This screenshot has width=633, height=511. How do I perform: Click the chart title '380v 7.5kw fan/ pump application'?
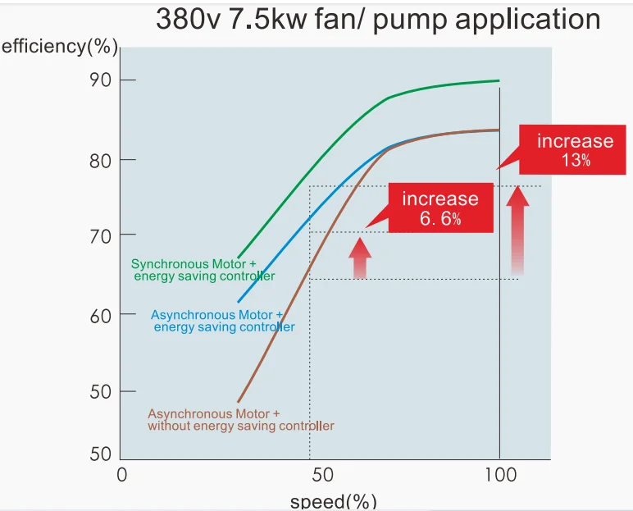(x=378, y=20)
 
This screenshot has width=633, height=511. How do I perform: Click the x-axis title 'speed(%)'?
(x=334, y=501)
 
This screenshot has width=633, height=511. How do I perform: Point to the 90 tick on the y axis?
(x=101, y=80)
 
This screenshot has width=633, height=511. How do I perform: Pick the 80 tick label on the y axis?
(x=101, y=159)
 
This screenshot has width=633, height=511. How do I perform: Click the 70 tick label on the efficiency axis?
(x=101, y=235)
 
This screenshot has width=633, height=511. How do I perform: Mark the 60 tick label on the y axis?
(x=101, y=313)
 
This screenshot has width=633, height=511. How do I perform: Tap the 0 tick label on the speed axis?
(x=122, y=474)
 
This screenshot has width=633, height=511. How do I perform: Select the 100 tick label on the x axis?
(x=500, y=474)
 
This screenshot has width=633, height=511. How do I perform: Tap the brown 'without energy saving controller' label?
(x=241, y=426)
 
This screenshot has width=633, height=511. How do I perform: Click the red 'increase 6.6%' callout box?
(x=439, y=208)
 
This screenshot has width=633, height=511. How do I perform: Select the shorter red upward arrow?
(x=360, y=258)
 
